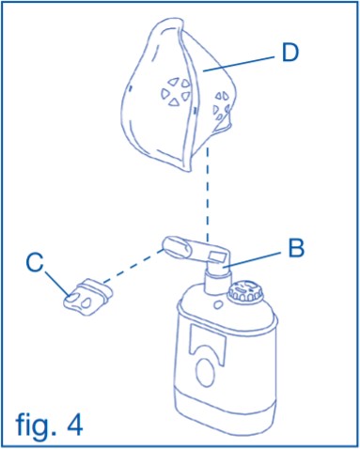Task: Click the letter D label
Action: pyautogui.click(x=290, y=54)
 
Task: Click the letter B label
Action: pyautogui.click(x=296, y=248)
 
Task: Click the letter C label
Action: pyautogui.click(x=35, y=263)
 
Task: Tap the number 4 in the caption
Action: pyautogui.click(x=73, y=425)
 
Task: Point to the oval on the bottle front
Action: pyautogui.click(x=205, y=371)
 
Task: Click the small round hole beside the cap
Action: pyautogui.click(x=218, y=303)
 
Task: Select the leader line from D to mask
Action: pyautogui.click(x=239, y=64)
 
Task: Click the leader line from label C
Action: pyautogui.click(x=58, y=284)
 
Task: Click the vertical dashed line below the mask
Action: pyautogui.click(x=208, y=196)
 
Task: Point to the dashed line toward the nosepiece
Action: pyautogui.click(x=133, y=266)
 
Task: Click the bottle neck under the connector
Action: pyautogui.click(x=214, y=283)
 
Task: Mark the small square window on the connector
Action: pyautogui.click(x=217, y=257)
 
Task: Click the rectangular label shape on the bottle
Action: pyautogui.click(x=209, y=339)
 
